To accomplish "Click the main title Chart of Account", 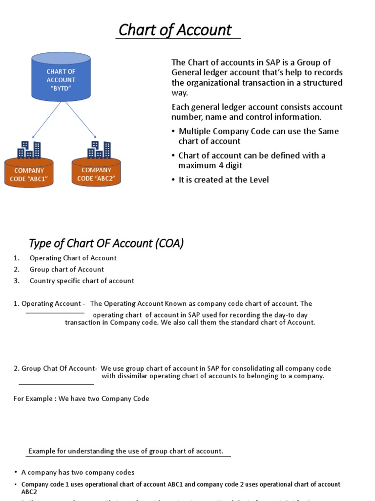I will click(175, 30).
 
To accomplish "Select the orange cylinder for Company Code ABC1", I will click(29, 174).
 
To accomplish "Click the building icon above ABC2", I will click(99, 150).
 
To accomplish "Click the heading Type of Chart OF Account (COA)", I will click(106, 243).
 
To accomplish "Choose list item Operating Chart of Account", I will click(73, 258).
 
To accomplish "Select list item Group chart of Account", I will click(66, 269).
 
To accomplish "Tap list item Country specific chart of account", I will click(82, 281).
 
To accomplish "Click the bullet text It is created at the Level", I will click(224, 180).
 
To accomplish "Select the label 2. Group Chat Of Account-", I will click(55, 368).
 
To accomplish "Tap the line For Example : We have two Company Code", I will click(82, 399).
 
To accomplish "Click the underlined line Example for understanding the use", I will click(125, 451).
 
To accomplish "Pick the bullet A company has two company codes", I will click(78, 473).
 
